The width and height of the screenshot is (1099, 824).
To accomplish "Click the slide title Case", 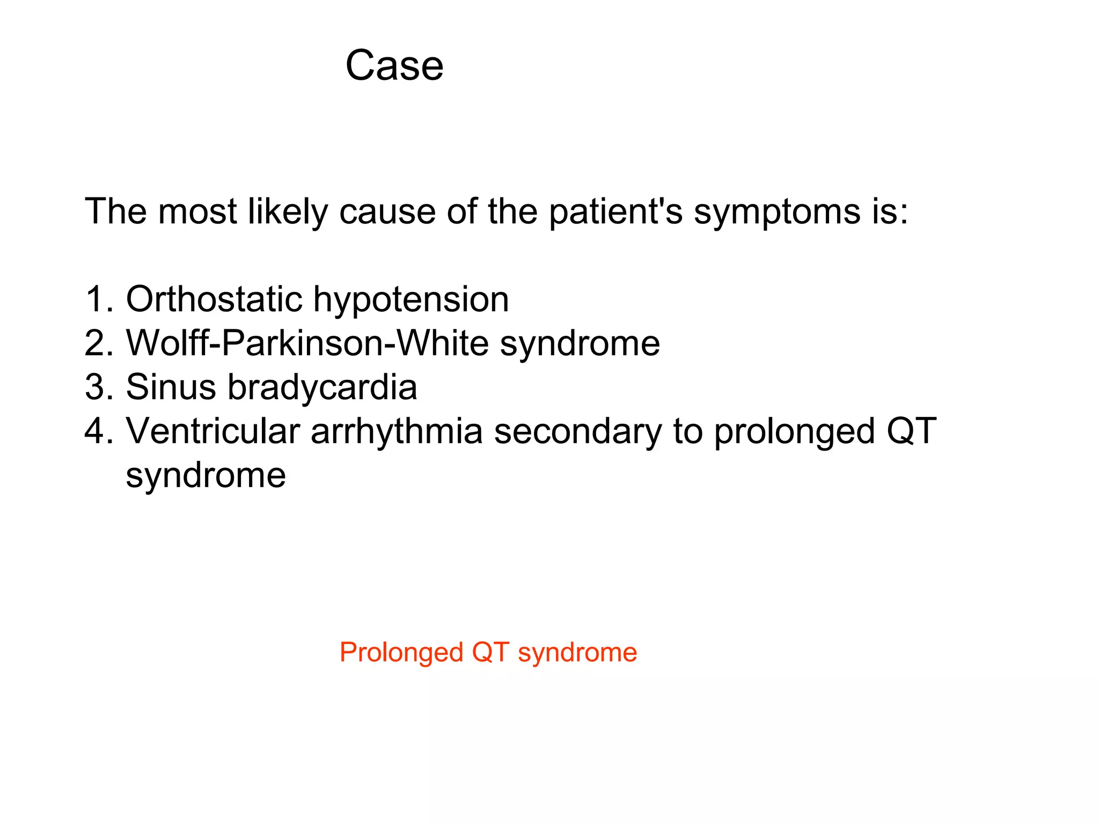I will (394, 65).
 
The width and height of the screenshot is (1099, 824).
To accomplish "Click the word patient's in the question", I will (616, 211).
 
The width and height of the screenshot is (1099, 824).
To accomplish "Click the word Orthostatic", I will (214, 299).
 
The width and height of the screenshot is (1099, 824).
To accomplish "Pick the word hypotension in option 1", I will (411, 300).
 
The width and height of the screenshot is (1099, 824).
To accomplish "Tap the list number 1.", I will (98, 299).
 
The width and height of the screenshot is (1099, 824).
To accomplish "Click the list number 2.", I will (98, 343).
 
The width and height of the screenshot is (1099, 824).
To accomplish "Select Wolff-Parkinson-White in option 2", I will (306, 343).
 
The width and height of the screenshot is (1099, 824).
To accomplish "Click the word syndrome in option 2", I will (580, 344).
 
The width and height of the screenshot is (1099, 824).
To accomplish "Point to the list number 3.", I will (98, 387).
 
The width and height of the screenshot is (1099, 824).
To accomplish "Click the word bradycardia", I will (322, 387).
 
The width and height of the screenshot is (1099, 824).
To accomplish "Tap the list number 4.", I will (98, 431).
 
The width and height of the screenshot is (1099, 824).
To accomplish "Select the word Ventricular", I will (213, 431).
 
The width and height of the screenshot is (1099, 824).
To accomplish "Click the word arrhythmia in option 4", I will (397, 431).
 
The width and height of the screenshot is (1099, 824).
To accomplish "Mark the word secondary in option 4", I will (578, 432).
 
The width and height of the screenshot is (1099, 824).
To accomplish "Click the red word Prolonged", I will (401, 653).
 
